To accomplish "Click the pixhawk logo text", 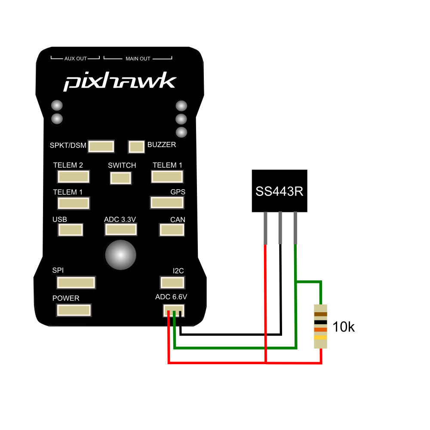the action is coord(120,81).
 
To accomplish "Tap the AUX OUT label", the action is coord(75,58).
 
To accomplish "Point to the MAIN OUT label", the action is coord(138,58).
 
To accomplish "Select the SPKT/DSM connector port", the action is coord(101,146).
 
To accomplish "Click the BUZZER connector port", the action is coord(136,147).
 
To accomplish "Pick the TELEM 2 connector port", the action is coord(74,177).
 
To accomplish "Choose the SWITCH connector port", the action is coord(121,178).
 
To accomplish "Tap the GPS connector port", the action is coord(167,203).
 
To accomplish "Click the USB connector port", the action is coord(71,230).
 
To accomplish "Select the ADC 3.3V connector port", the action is coord(121,230).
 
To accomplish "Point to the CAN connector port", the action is coord(172,230).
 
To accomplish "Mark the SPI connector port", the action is coord(76,283).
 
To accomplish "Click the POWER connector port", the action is coord(74,310).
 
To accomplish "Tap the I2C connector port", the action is coord(172,283).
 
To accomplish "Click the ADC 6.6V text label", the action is coord(171,297).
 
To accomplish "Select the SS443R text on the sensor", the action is coord(279,191).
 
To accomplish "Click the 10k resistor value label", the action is coord(344,327).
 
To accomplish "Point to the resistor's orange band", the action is coord(321,330).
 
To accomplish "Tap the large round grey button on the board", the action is coord(121,255).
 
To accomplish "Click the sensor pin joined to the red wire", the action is coord(265,228).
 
